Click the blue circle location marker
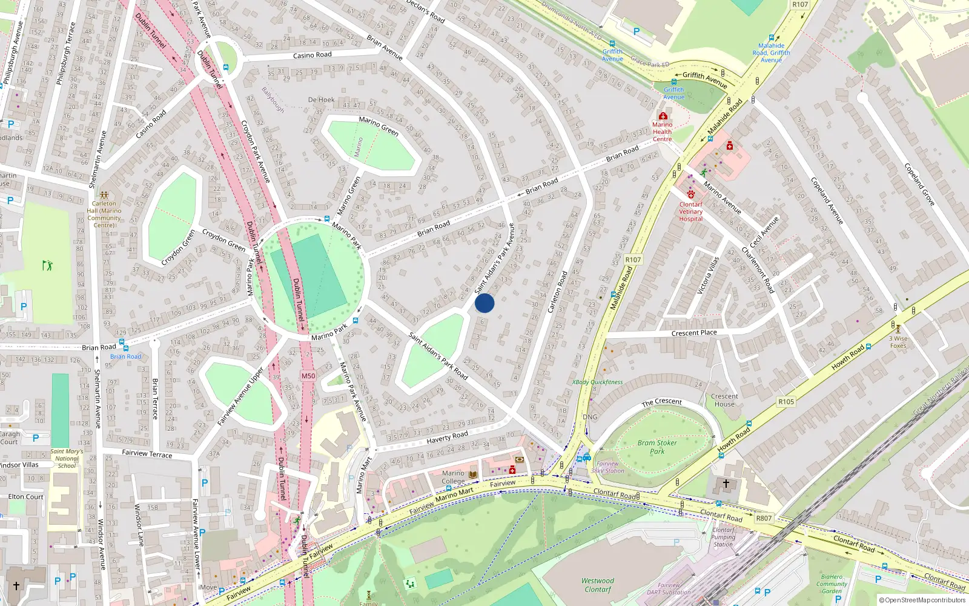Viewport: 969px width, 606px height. click(x=484, y=303)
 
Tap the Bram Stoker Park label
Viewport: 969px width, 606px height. click(x=657, y=447)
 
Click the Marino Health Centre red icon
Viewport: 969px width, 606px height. click(x=663, y=116)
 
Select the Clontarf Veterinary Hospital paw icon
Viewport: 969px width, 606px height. click(x=690, y=195)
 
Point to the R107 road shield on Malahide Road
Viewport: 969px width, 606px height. click(x=633, y=259)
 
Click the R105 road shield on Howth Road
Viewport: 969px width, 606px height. click(x=785, y=401)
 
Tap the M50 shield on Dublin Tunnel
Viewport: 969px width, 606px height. click(x=308, y=376)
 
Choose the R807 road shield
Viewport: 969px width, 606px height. click(x=764, y=518)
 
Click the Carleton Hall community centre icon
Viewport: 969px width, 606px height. click(x=104, y=196)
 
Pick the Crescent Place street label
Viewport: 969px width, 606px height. click(x=694, y=333)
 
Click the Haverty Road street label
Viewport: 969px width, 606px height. click(x=447, y=437)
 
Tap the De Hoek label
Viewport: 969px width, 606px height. click(x=321, y=99)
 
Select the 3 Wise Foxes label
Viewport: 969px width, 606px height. click(x=898, y=342)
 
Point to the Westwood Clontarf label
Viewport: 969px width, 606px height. click(x=597, y=585)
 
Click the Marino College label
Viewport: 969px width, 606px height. click(x=453, y=477)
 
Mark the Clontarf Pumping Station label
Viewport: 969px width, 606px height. click(x=723, y=537)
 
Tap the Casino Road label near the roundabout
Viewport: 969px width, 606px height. click(x=312, y=55)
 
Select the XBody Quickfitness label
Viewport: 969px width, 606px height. click(x=597, y=382)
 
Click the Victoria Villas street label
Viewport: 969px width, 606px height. click(x=707, y=275)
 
